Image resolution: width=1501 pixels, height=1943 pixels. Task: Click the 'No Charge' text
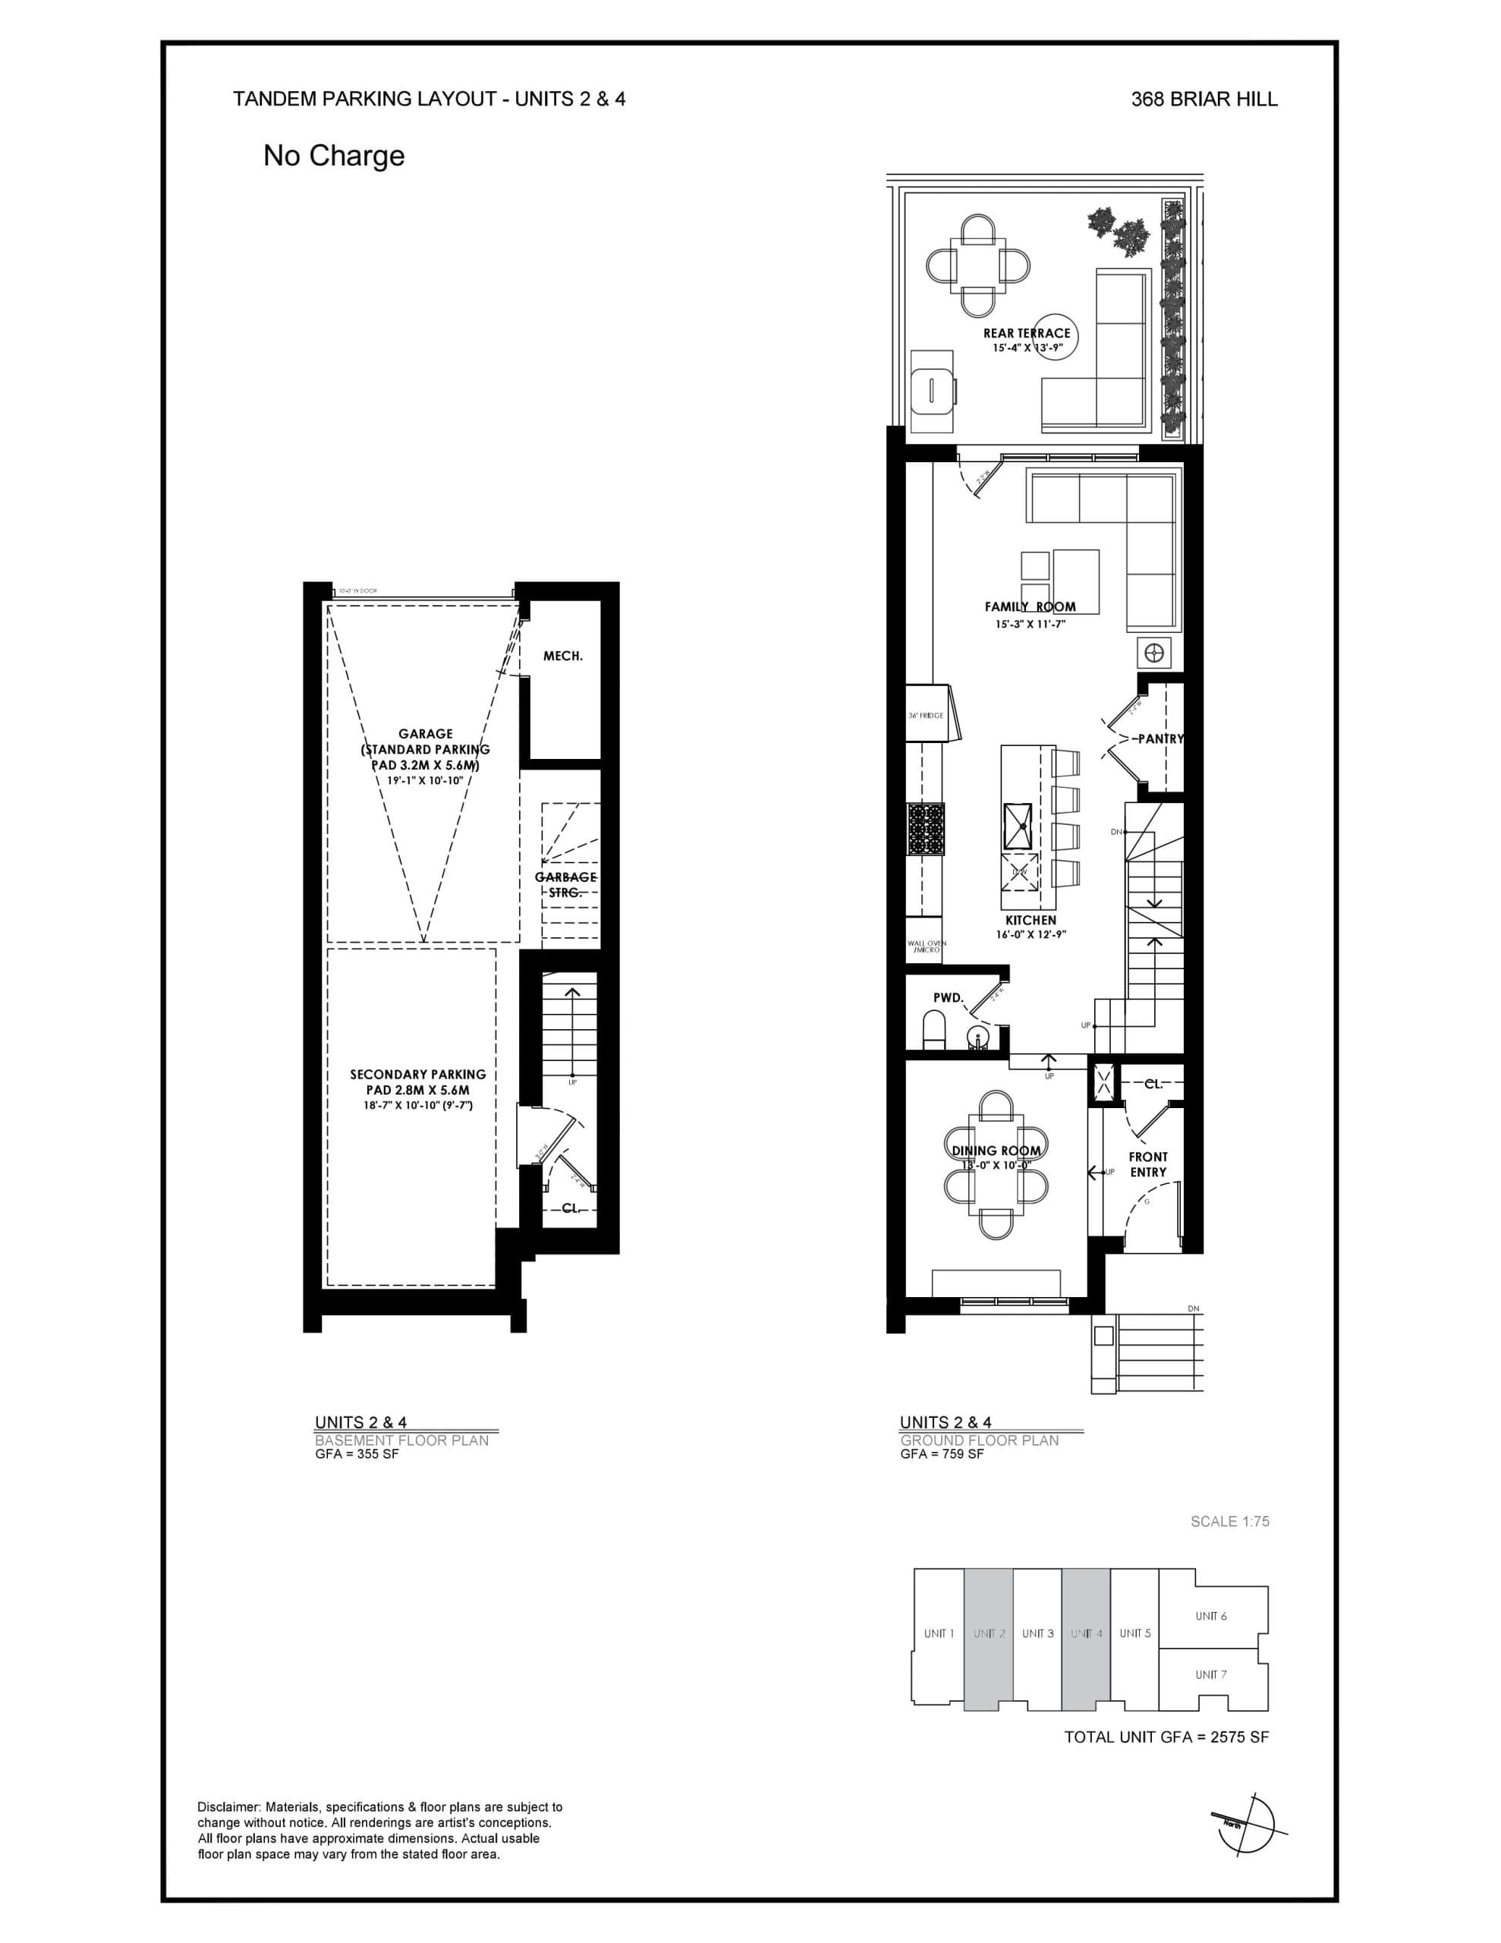point(334,156)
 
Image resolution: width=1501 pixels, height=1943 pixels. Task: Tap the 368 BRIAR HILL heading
point(1204,99)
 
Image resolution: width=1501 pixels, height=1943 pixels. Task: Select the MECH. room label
point(562,656)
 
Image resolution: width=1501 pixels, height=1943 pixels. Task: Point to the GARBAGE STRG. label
point(565,884)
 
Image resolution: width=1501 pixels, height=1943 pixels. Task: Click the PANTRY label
point(1160,738)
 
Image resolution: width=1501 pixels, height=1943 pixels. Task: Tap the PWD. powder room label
point(949,998)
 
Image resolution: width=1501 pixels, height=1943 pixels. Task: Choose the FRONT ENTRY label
point(1148,1164)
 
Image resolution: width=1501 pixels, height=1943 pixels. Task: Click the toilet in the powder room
point(934,1032)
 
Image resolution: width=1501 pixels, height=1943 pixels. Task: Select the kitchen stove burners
point(925,829)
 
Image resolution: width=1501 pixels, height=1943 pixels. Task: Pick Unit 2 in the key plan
point(989,1633)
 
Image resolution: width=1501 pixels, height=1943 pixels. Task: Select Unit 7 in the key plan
point(1210,1674)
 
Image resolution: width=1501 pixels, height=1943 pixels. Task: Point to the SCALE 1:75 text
point(1229,1521)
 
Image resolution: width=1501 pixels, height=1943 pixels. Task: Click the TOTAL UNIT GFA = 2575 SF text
point(1166,1737)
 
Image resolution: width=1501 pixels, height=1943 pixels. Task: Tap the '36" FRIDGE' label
point(925,715)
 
